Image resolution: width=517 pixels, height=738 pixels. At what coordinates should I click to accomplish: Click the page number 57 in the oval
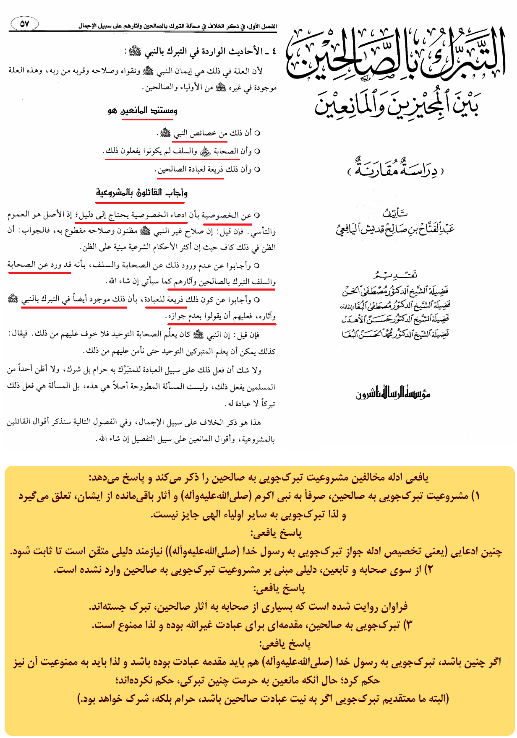pos(24,24)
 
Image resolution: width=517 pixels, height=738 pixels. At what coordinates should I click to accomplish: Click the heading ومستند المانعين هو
pos(143,111)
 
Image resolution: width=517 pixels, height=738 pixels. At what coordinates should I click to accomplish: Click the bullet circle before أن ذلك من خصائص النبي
pos(257,133)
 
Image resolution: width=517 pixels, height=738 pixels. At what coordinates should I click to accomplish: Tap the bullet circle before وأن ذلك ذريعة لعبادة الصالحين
pos(257,170)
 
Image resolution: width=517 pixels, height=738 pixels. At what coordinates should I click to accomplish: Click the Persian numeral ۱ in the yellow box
pos(475,496)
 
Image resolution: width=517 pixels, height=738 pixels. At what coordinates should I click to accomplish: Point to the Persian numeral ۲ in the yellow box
pos(428,570)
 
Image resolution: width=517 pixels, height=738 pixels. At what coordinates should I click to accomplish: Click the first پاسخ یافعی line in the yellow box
pos(276,533)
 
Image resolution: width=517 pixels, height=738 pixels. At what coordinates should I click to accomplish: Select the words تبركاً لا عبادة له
pos(251,404)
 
